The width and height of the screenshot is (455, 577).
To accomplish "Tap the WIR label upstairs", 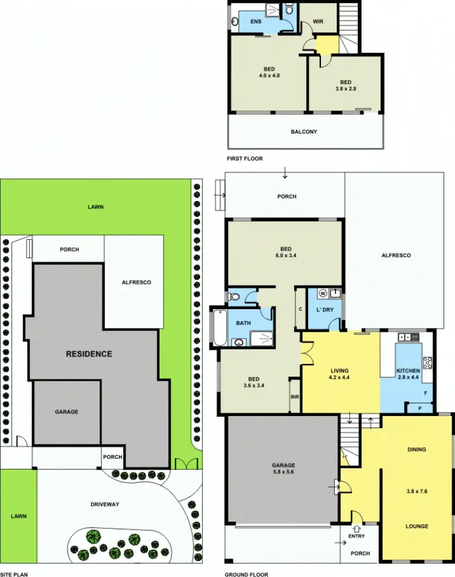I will pyautogui.click(x=318, y=22).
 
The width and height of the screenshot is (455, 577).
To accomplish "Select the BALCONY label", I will pyautogui.click(x=304, y=132).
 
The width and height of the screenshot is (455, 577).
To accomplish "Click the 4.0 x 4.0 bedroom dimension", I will pyautogui.click(x=268, y=77).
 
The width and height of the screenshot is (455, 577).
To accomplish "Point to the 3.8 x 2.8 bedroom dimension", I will pyautogui.click(x=345, y=89).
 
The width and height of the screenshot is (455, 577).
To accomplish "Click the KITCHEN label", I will pyautogui.click(x=408, y=370).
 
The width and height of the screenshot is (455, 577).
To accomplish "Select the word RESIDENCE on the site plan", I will pyautogui.click(x=89, y=354).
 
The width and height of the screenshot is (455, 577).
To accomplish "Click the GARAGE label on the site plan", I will pyautogui.click(x=67, y=412).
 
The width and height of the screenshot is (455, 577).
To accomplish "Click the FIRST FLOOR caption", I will pyautogui.click(x=244, y=159).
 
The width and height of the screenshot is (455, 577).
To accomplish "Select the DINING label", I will pyautogui.click(x=417, y=449).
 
